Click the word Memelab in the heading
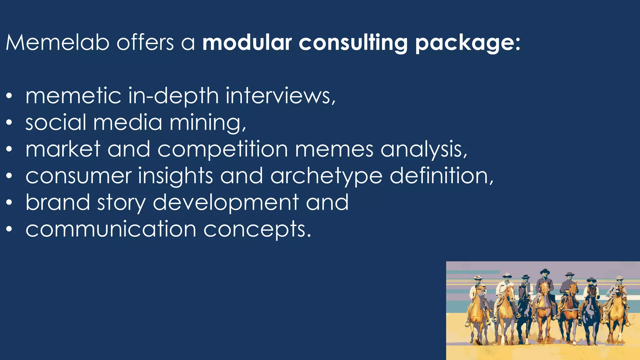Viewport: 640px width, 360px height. pyautogui.click(x=58, y=42)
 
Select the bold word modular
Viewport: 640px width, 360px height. pyautogui.click(x=247, y=42)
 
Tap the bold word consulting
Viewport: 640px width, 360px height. pyautogui.click(x=353, y=43)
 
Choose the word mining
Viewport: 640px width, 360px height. pyautogui.click(x=208, y=122)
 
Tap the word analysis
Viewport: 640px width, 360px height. pyautogui.click(x=424, y=149)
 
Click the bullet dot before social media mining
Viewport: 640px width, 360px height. pyautogui.click(x=9, y=122)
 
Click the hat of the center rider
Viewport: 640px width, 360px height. pyautogui.click(x=545, y=271)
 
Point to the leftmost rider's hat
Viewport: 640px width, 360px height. pyautogui.click(x=478, y=278)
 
